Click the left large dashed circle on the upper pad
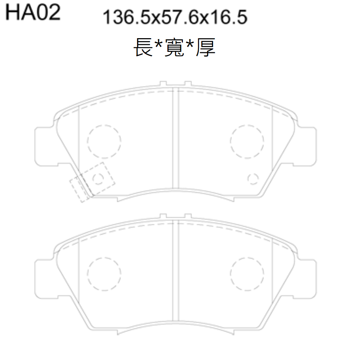104,141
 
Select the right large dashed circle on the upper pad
247,141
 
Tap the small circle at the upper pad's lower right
253,178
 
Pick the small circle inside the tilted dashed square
98,178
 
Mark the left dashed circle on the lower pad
104,273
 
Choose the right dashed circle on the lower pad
247,273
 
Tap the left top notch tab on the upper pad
163,84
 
